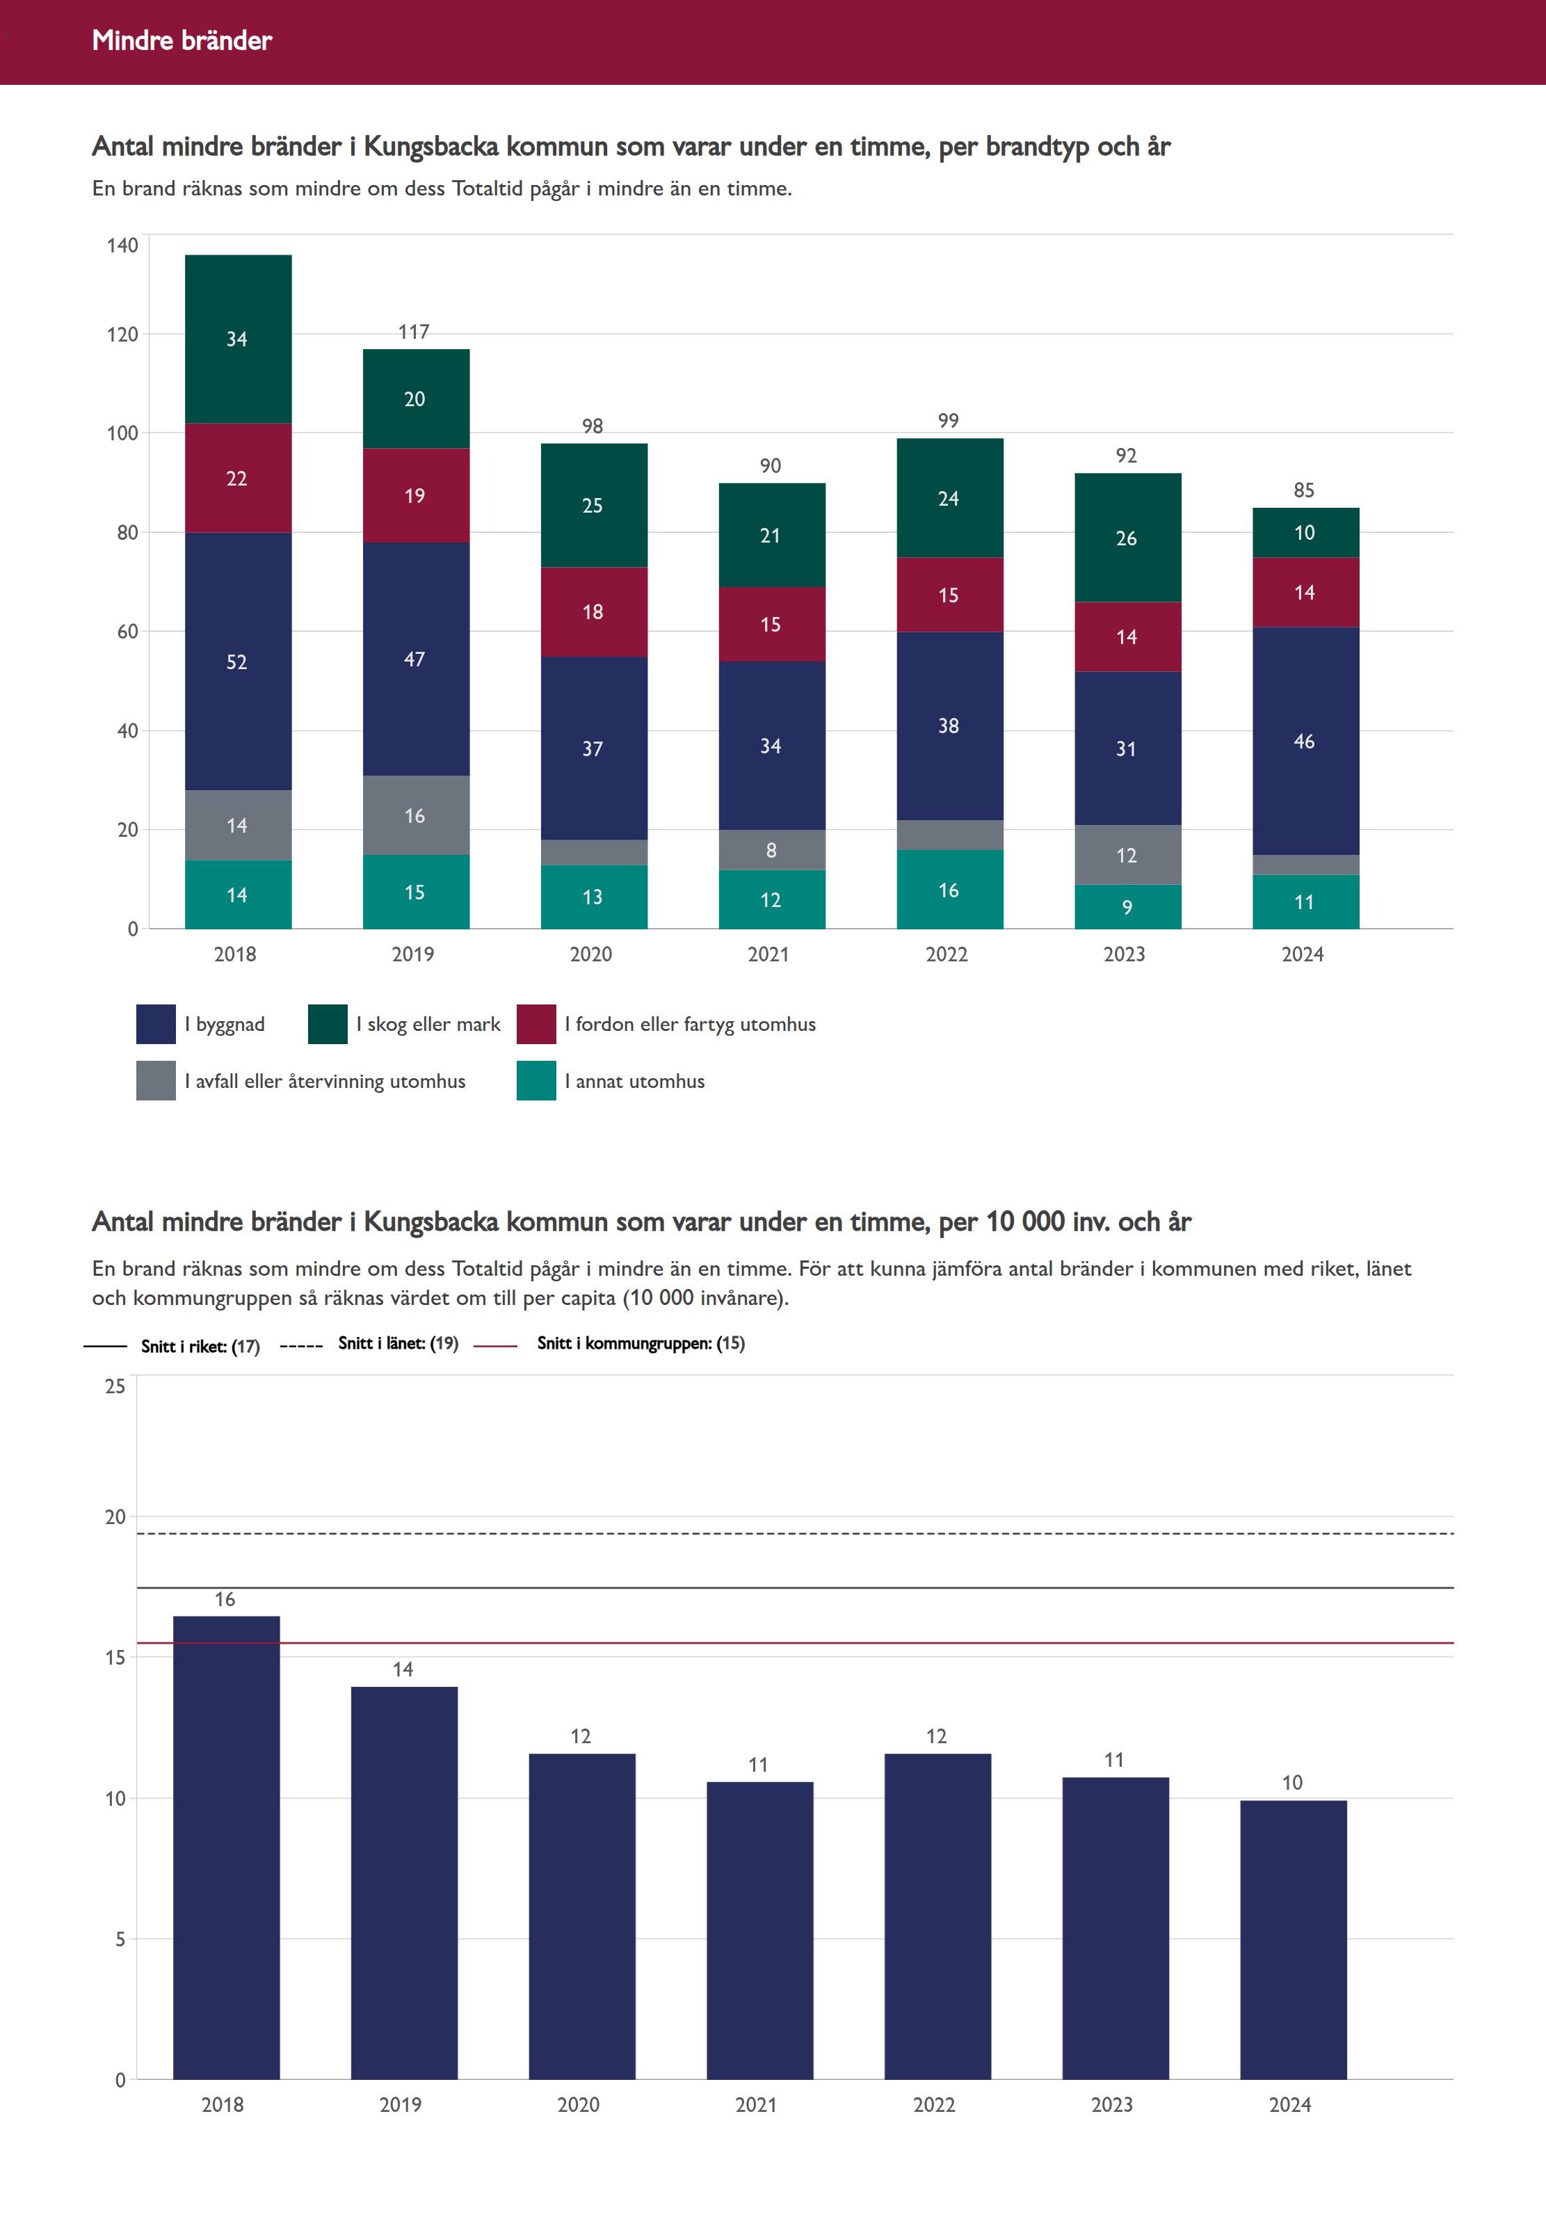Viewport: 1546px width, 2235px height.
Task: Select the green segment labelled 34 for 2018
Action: [237, 339]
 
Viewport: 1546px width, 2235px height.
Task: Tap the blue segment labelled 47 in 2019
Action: [414, 659]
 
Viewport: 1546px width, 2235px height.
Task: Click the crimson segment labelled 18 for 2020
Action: [593, 611]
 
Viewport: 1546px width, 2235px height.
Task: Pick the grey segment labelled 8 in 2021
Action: [771, 849]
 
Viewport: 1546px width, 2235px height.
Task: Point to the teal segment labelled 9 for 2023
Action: [1127, 907]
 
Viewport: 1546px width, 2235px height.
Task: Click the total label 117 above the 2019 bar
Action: [414, 331]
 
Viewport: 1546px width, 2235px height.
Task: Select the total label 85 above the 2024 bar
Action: [1304, 490]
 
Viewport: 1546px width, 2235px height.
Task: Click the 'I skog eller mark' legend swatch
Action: [328, 1024]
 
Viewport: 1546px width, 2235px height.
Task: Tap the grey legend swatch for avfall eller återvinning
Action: [156, 1081]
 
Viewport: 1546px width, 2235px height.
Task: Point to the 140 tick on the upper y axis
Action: [123, 245]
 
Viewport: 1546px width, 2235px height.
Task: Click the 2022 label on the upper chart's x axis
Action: [947, 954]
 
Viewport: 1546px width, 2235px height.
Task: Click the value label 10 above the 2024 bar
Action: [1291, 1783]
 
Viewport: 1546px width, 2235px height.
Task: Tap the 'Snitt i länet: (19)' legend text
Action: [397, 1343]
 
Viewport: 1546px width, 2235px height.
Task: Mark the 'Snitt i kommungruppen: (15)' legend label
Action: [641, 1343]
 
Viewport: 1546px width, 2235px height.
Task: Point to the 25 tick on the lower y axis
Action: [115, 1386]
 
